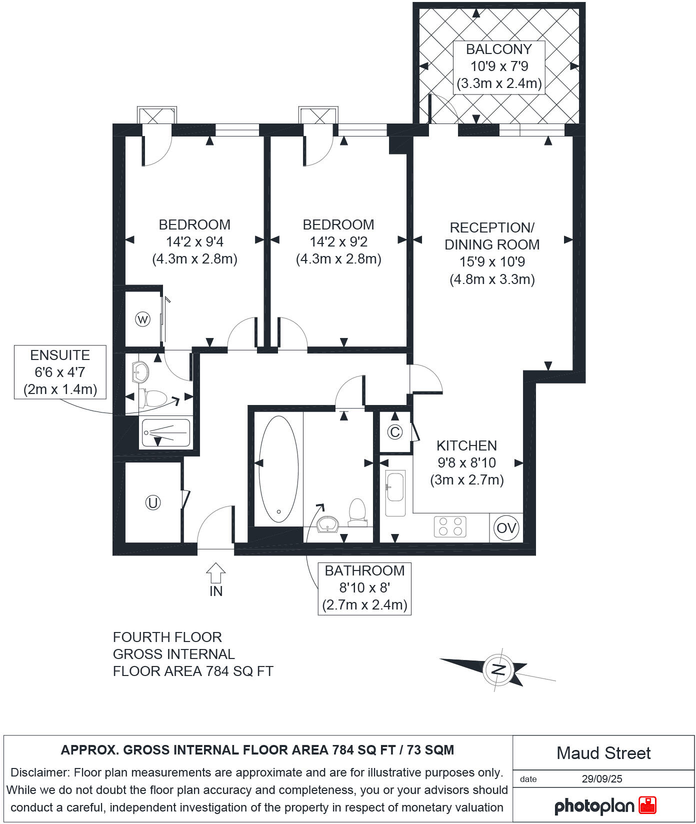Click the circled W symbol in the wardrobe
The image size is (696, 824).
point(143,319)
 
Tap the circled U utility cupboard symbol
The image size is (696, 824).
point(152,502)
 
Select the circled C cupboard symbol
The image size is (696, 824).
point(395,432)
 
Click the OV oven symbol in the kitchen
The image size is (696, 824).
point(506,528)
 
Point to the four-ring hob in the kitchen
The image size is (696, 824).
point(450,526)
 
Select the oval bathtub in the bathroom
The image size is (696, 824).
point(278,469)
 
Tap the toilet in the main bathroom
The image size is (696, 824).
point(357,511)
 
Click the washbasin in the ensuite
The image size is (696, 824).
point(140,372)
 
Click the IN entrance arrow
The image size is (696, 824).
point(215,573)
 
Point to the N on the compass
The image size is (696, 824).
point(498,669)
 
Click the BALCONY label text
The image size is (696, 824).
point(498,49)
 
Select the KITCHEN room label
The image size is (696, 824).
point(466,445)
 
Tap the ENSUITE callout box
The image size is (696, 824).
point(60,372)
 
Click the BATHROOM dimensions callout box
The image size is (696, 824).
point(364,587)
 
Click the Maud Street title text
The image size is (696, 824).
point(603,753)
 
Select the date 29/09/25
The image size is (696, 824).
point(602,779)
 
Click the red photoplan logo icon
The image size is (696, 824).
point(647,805)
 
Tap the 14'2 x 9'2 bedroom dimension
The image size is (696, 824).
point(338,242)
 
